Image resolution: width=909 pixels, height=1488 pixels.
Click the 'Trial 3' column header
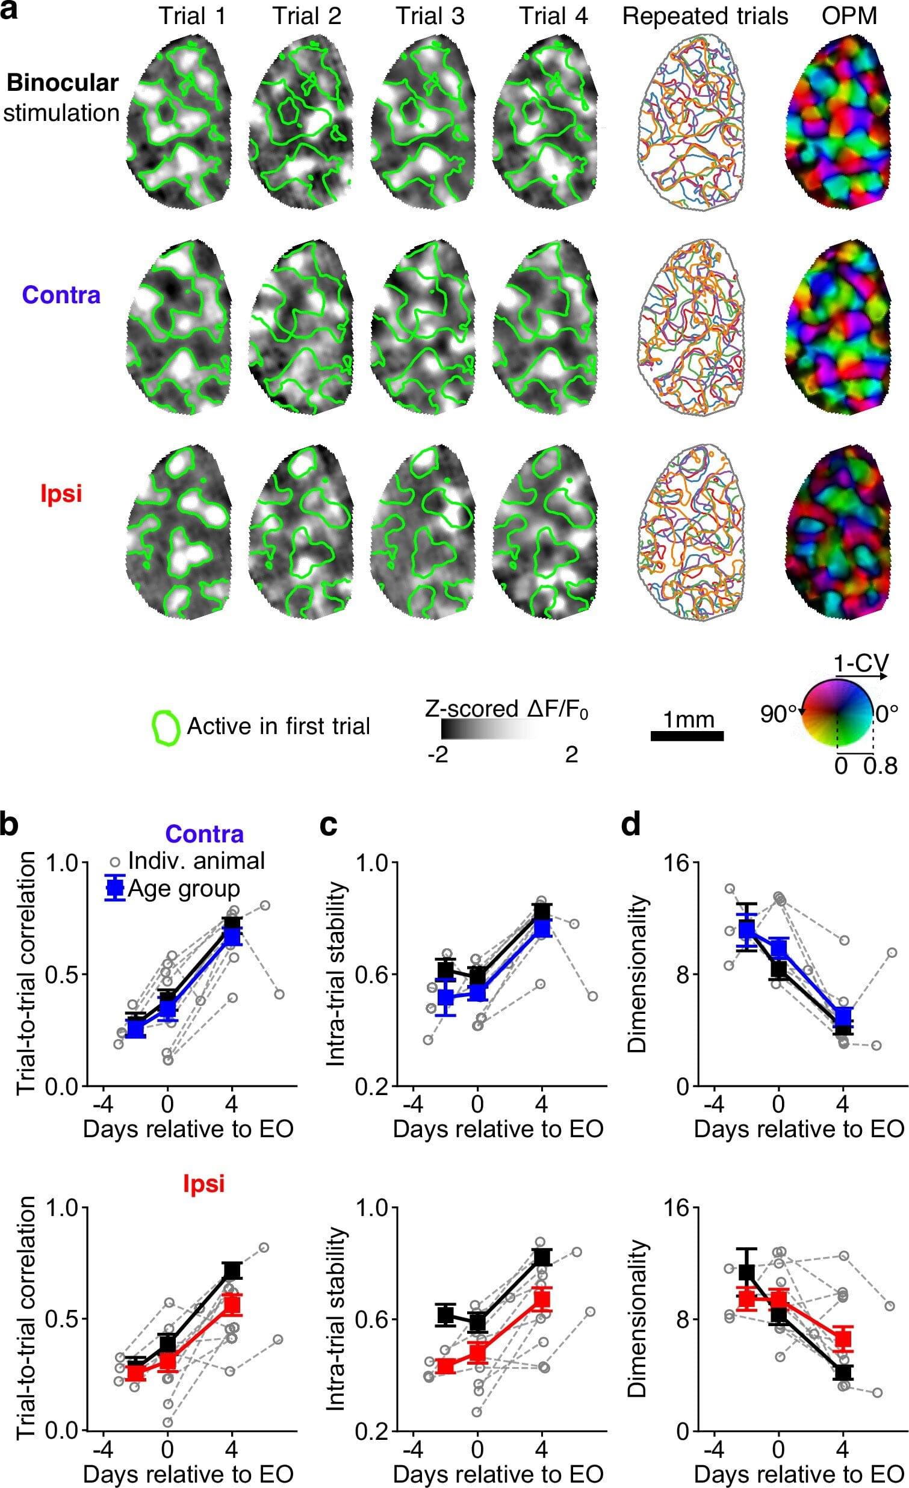pyautogui.click(x=430, y=16)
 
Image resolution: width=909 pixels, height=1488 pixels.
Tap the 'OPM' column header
pyautogui.click(x=849, y=16)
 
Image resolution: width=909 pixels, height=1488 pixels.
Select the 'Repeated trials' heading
pyautogui.click(x=705, y=16)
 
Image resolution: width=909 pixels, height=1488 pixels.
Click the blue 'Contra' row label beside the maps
pyautogui.click(x=61, y=295)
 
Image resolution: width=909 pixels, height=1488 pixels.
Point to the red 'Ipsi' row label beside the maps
pyautogui.click(x=61, y=494)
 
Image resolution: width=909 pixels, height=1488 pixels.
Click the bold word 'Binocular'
pyautogui.click(x=62, y=84)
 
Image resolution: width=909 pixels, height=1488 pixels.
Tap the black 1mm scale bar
pyautogui.click(x=687, y=735)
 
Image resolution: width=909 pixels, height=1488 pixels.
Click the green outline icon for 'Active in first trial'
pyautogui.click(x=166, y=727)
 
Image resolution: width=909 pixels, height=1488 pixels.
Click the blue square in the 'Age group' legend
pyautogui.click(x=115, y=888)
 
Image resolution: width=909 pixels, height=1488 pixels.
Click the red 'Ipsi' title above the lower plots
pyautogui.click(x=203, y=1183)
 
